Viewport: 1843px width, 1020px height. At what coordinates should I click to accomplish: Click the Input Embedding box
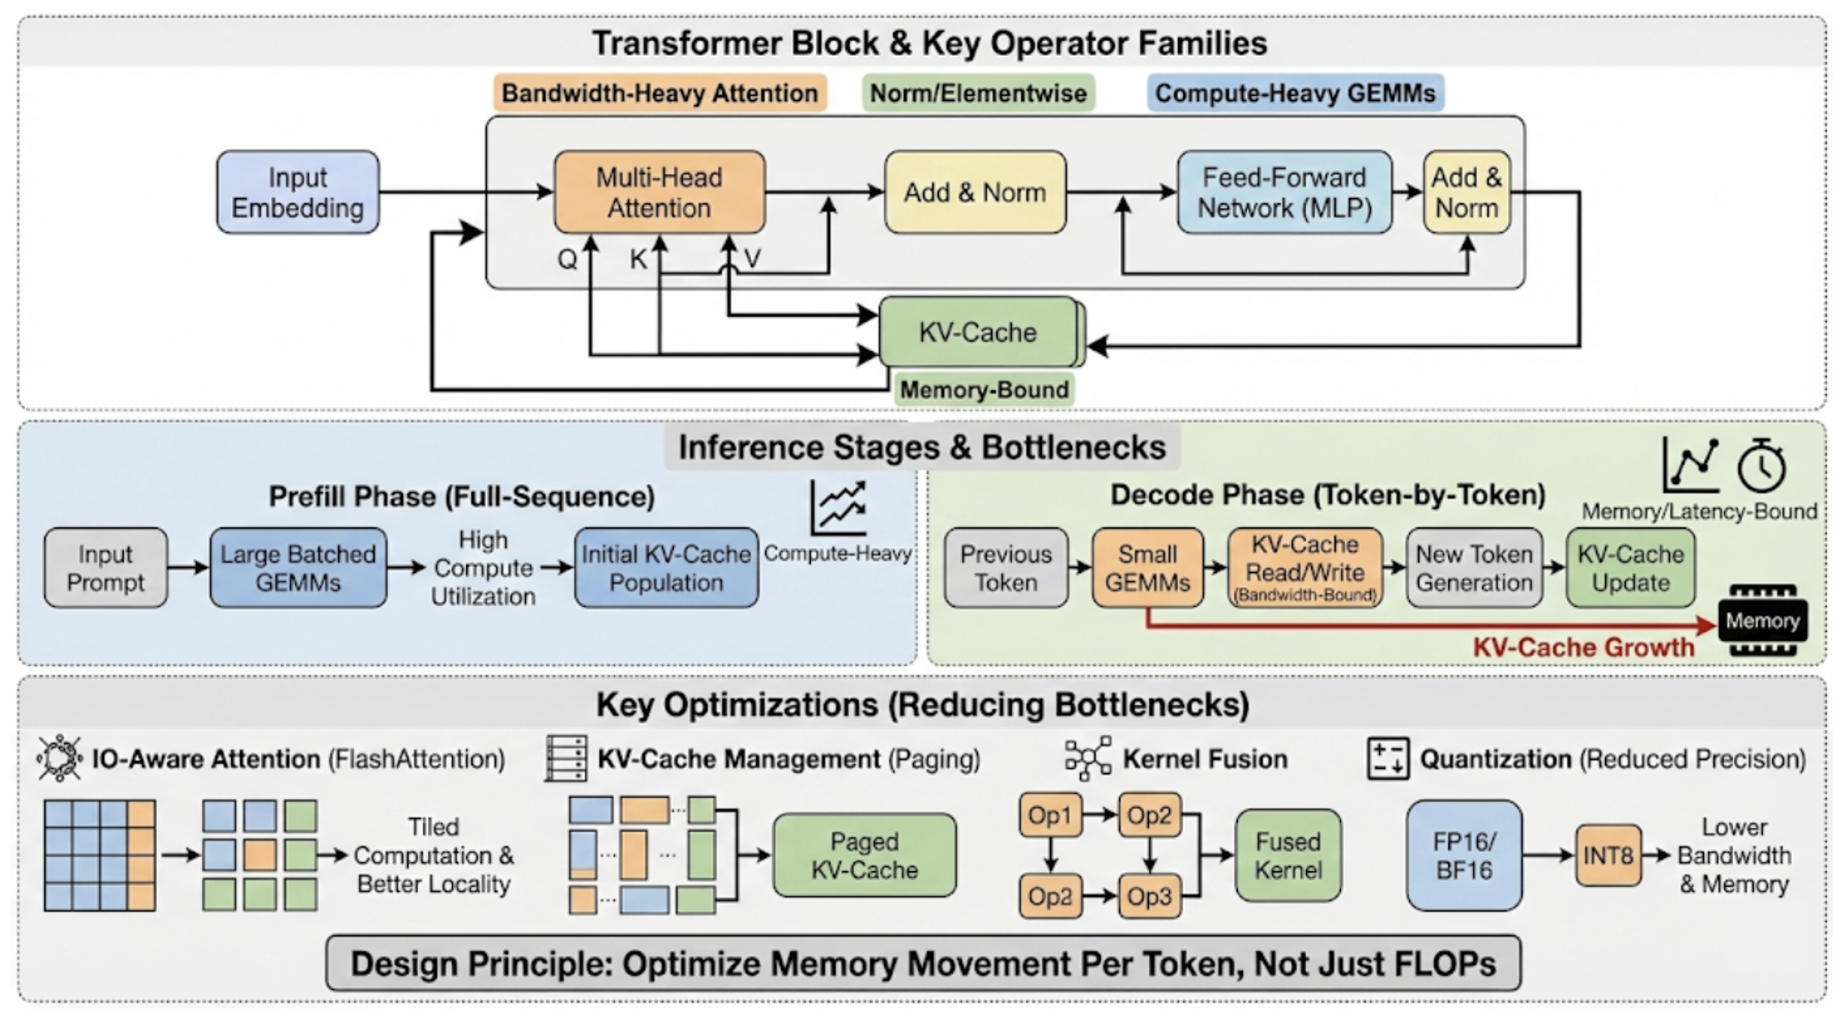tap(298, 192)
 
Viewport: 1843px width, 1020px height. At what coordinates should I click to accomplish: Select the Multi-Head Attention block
tap(659, 192)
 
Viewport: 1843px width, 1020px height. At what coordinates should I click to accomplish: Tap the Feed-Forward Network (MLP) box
tap(1284, 192)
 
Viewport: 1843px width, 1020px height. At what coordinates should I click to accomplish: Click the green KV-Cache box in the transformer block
tap(978, 332)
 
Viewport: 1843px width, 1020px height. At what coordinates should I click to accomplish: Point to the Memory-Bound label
tap(984, 390)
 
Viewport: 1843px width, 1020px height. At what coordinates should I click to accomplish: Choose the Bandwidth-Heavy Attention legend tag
tap(660, 93)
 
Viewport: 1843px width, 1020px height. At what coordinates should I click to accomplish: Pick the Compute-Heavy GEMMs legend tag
tap(1295, 93)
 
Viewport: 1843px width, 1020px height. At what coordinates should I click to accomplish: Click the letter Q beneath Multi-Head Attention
tap(567, 259)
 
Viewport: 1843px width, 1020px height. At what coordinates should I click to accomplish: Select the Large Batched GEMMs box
tap(298, 568)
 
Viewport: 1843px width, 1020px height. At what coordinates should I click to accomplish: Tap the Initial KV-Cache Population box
tap(666, 568)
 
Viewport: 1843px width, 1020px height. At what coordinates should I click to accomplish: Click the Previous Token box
tap(1005, 568)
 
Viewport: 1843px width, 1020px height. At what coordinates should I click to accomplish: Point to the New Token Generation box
tap(1474, 568)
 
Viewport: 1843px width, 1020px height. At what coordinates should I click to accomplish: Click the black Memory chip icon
tap(1762, 621)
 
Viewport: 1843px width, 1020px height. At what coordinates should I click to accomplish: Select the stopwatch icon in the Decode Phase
tap(1761, 467)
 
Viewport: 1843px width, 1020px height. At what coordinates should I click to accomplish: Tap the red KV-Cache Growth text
tap(1583, 647)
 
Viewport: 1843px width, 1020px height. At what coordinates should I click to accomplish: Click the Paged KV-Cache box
tap(865, 855)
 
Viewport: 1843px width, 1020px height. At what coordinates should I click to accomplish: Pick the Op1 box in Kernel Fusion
tap(1049, 815)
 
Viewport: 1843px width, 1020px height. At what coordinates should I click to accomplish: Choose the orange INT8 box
tap(1607, 855)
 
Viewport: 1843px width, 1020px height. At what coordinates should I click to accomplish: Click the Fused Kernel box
tap(1288, 855)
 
